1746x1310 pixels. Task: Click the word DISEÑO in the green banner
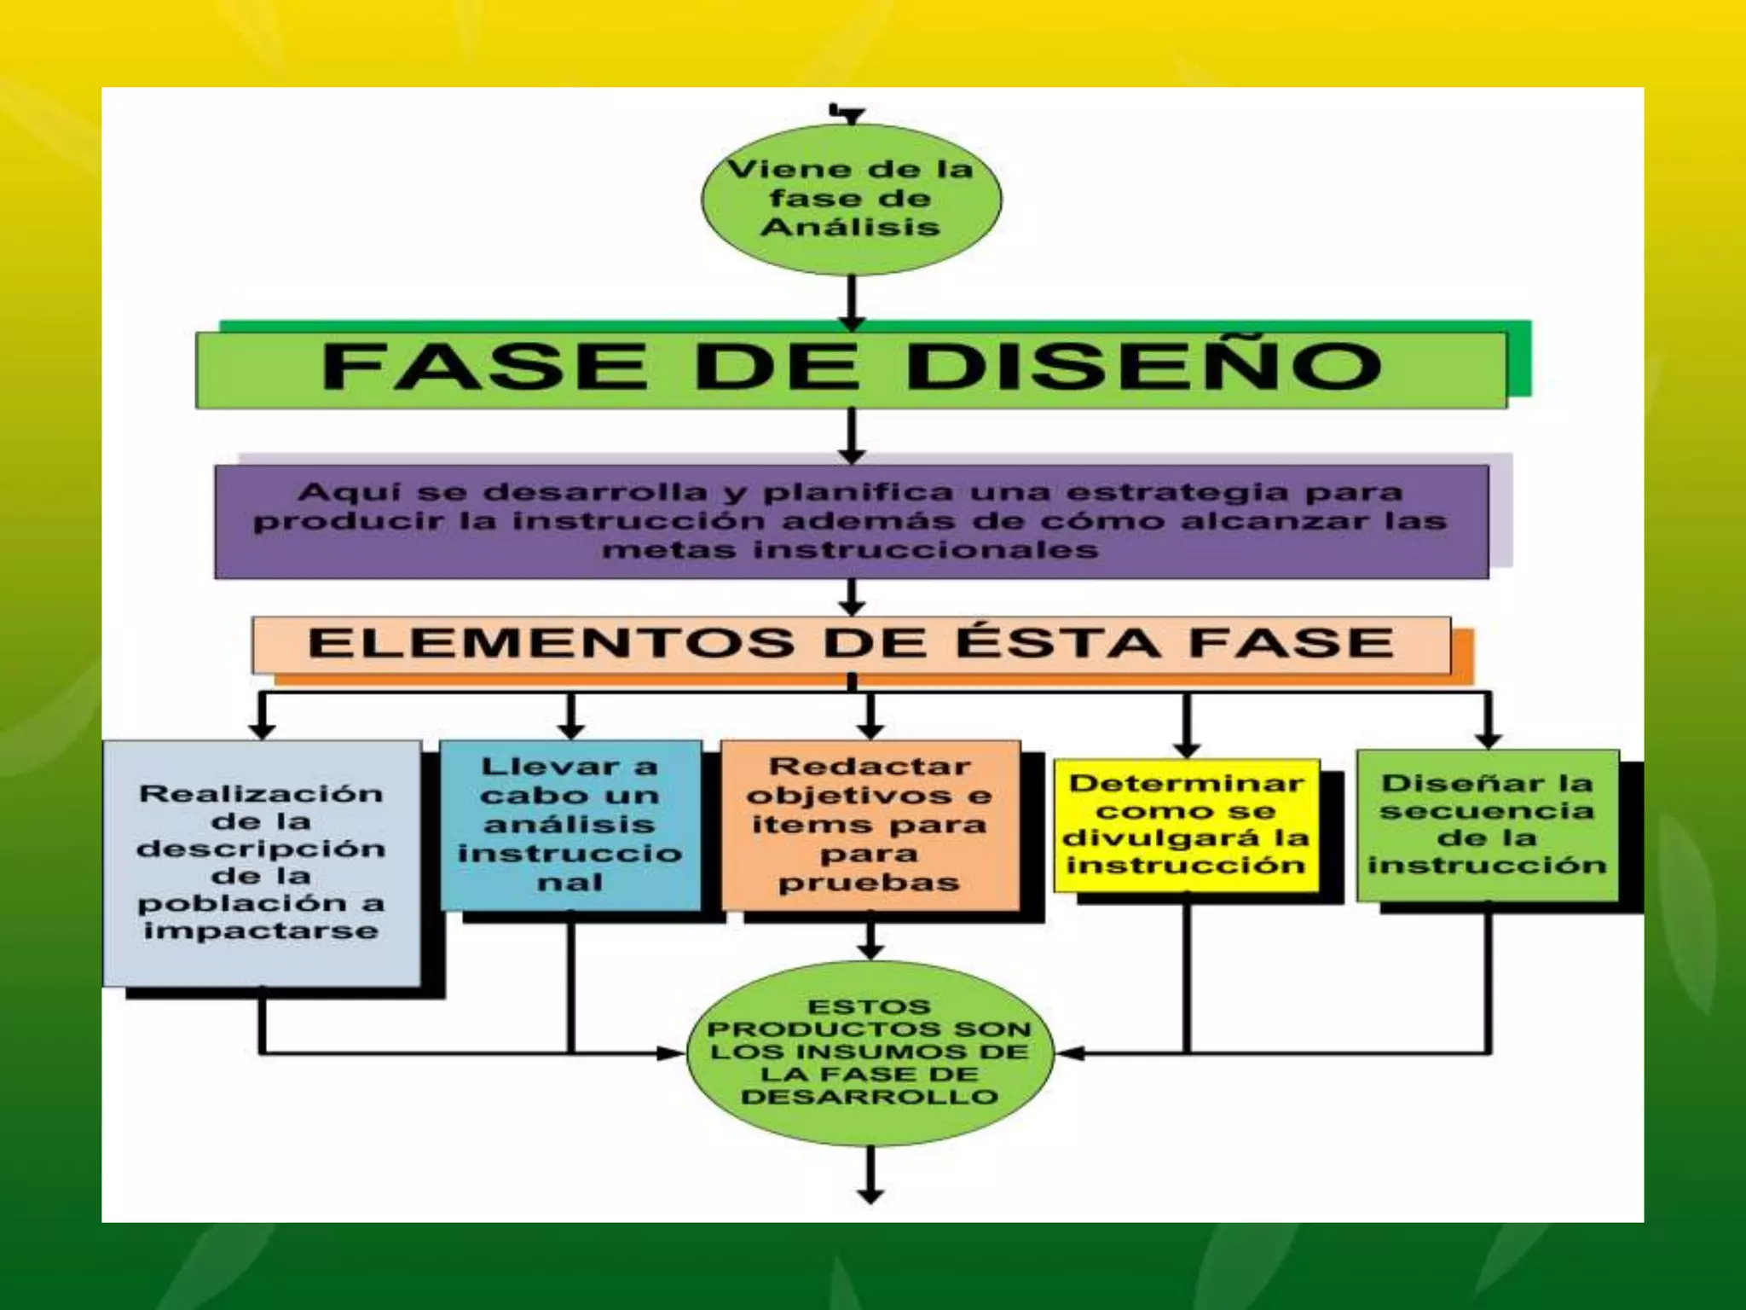[x=1143, y=366]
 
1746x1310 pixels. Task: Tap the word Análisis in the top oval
[x=850, y=228]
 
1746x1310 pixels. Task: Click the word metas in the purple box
[x=668, y=550]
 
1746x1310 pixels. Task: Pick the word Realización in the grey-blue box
[x=261, y=794]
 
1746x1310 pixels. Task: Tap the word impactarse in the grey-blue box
[x=261, y=930]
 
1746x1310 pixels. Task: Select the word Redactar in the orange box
[x=870, y=767]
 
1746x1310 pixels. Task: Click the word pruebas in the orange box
[x=870, y=883]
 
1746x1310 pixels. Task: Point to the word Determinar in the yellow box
[x=1187, y=783]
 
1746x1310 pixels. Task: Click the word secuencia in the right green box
[x=1487, y=810]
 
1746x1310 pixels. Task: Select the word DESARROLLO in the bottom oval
[x=870, y=1097]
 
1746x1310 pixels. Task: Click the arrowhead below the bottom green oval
[x=870, y=1196]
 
